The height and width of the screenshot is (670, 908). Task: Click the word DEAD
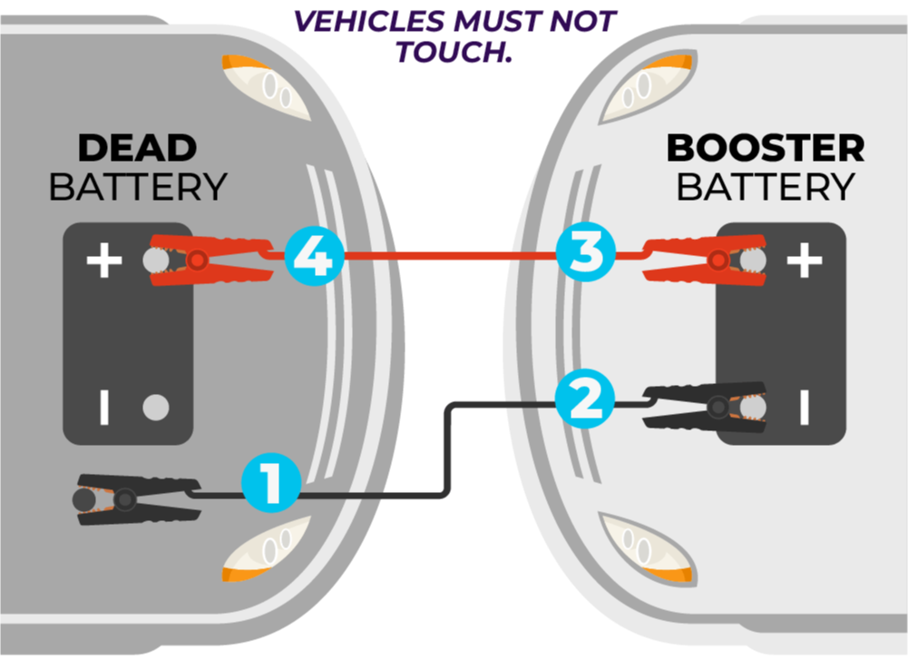pyautogui.click(x=137, y=148)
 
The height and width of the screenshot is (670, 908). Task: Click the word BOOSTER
pyautogui.click(x=766, y=148)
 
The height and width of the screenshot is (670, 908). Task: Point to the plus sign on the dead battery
pyautogui.click(x=103, y=262)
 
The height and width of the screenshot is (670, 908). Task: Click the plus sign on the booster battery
pyautogui.click(x=804, y=262)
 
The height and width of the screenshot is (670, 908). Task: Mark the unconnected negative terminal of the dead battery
pyautogui.click(x=156, y=408)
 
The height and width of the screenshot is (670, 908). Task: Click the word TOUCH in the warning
pyautogui.click(x=453, y=52)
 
